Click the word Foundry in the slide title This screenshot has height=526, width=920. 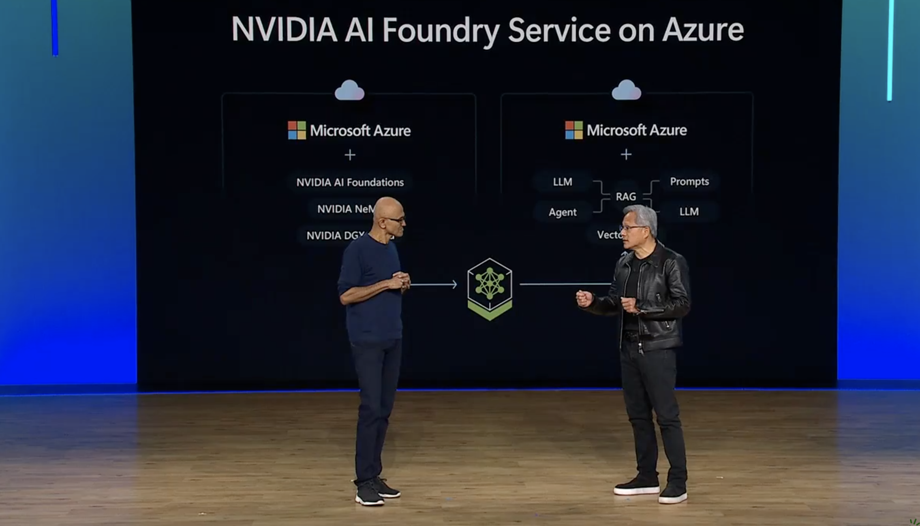441,30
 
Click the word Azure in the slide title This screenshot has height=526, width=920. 703,30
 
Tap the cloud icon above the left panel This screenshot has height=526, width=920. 349,90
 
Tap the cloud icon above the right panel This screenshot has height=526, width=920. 626,90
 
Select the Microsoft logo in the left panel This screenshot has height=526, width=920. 297,130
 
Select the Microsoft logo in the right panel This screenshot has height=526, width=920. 574,130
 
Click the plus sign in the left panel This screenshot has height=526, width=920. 350,155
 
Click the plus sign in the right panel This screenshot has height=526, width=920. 626,154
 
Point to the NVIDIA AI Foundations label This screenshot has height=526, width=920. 350,182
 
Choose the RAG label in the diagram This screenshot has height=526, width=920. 626,197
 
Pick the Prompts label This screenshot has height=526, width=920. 689,182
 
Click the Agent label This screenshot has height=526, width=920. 563,212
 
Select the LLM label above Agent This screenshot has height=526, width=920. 563,182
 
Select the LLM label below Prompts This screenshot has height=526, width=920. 689,212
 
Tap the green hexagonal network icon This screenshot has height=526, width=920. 490,289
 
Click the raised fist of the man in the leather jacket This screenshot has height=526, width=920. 584,299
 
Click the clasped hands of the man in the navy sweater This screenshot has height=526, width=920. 401,280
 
